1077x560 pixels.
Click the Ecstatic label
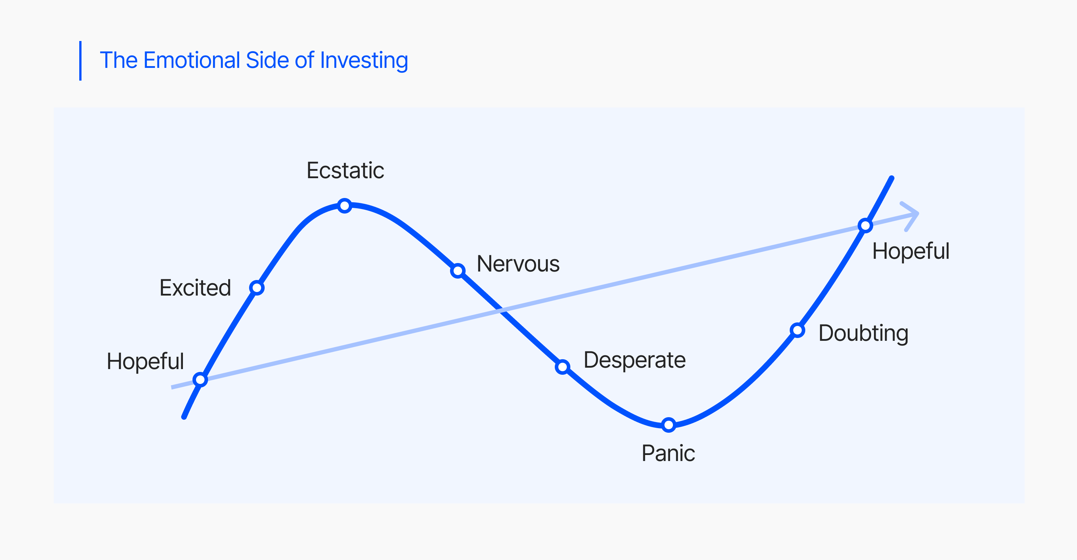pyautogui.click(x=345, y=170)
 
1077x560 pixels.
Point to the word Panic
pyautogui.click(x=668, y=453)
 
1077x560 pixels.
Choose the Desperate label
pyautogui.click(x=635, y=360)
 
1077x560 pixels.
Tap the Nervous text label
pyautogui.click(x=518, y=264)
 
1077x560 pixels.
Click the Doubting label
pyautogui.click(x=863, y=333)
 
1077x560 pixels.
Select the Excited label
pyautogui.click(x=195, y=287)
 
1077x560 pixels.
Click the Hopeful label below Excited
pyautogui.click(x=145, y=362)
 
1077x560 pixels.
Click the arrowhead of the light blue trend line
pyautogui.click(x=917, y=214)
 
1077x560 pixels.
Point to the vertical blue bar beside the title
pyautogui.click(x=80, y=60)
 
